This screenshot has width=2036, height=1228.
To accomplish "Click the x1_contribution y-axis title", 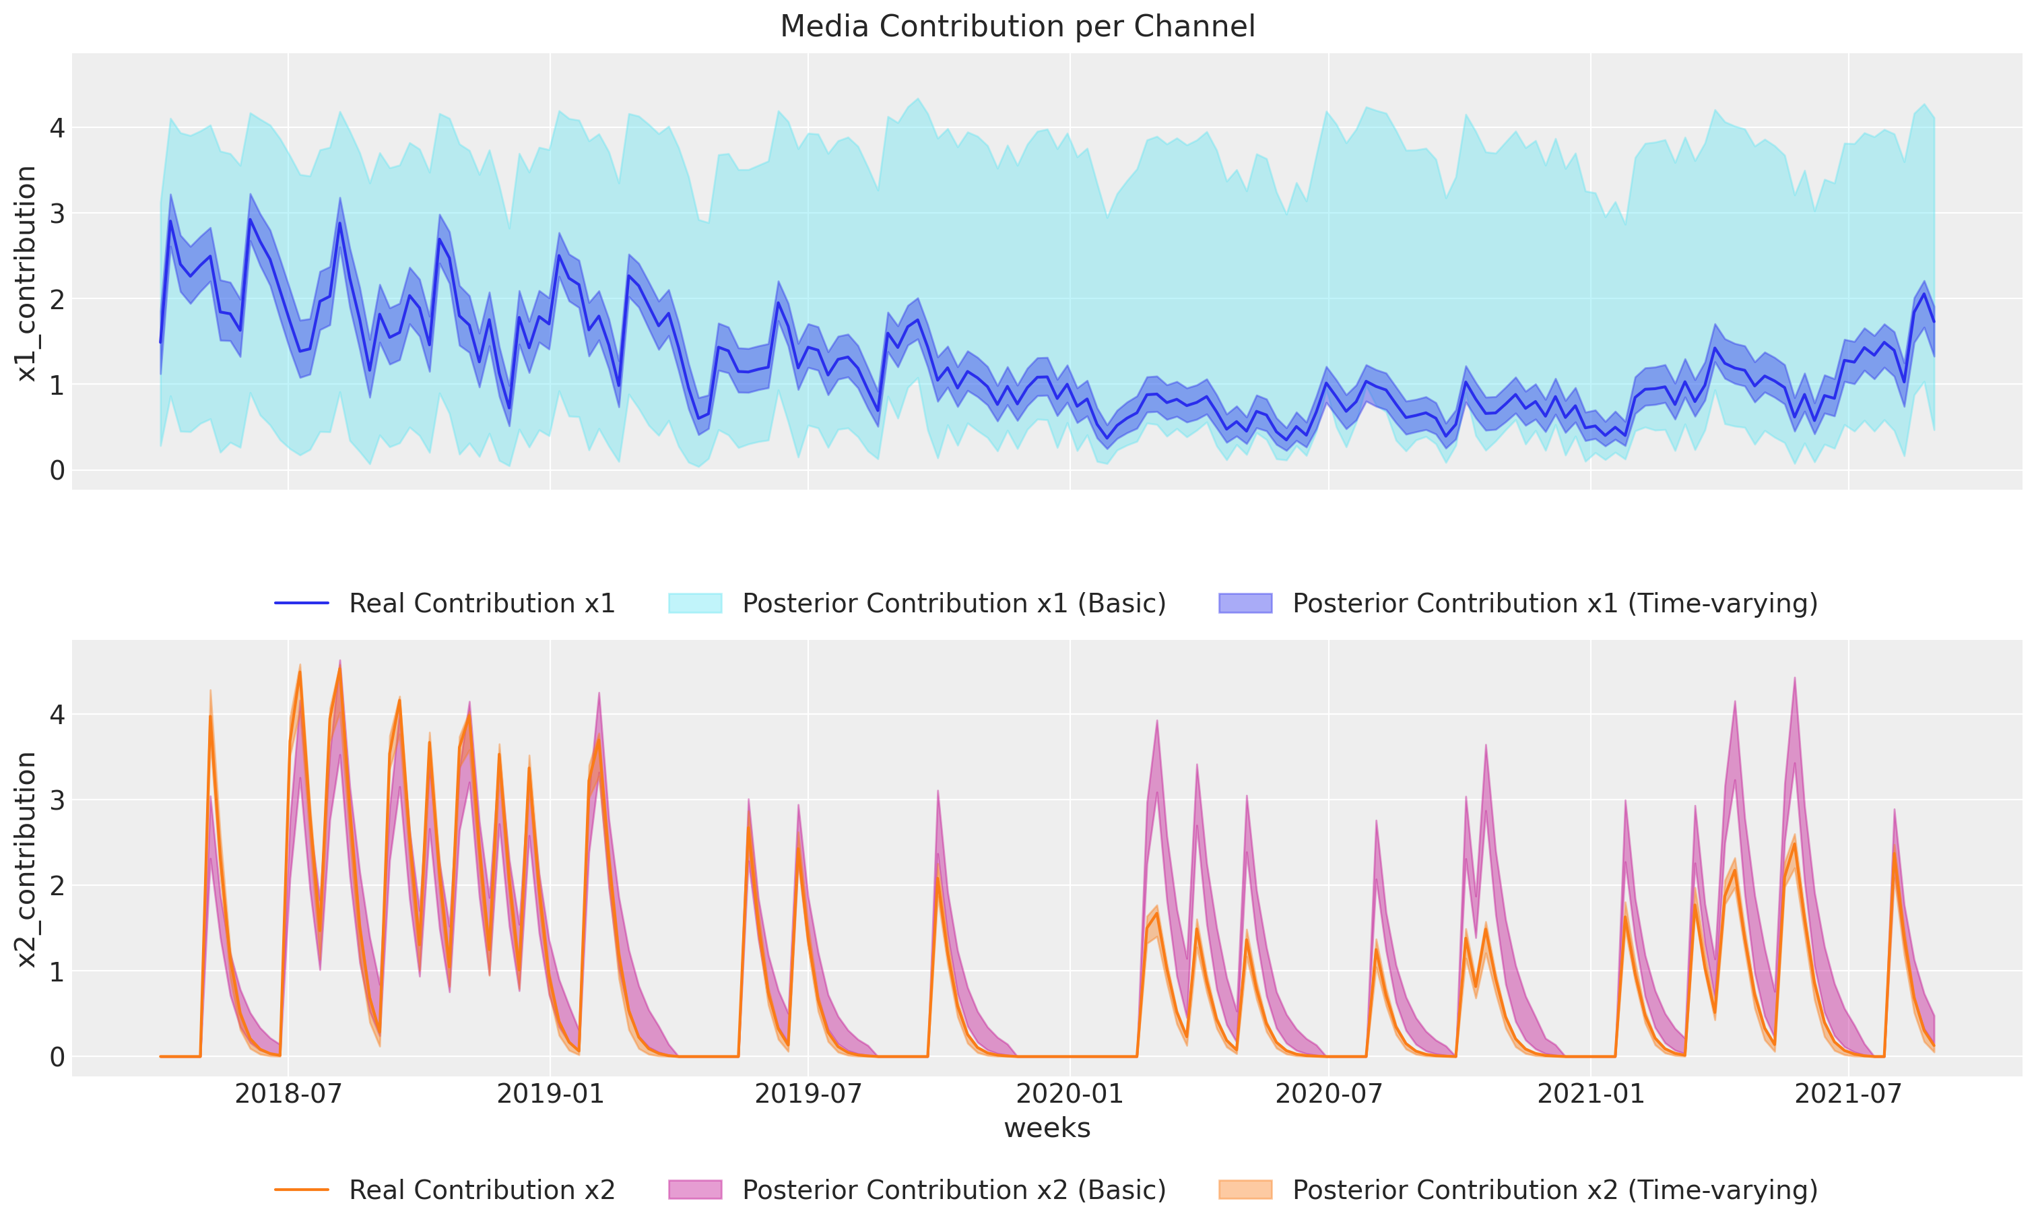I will coord(26,273).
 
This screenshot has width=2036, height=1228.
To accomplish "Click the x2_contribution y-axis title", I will coord(26,860).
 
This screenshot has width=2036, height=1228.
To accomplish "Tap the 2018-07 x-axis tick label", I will coord(288,1093).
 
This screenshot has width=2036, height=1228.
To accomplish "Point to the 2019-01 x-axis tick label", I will coord(550,1093).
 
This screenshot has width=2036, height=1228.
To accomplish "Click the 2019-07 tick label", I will coord(808,1093).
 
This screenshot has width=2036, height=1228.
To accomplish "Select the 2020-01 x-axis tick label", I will coord(1070,1093).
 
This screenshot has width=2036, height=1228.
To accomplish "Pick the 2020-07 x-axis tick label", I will coord(1329,1093).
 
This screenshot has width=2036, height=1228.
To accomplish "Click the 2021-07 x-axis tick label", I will coord(1849,1093).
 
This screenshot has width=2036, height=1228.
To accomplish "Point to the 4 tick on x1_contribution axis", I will coord(57,128).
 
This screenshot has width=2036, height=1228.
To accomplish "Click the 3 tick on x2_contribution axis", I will coord(57,800).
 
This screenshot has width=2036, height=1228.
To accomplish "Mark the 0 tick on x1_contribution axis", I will coord(57,470).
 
